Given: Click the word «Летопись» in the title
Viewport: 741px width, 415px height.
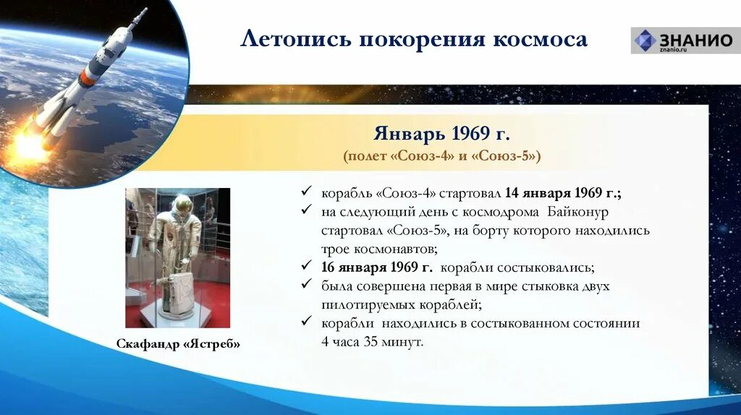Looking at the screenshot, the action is click(x=296, y=39).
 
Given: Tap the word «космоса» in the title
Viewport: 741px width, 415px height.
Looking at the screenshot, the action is click(x=540, y=40).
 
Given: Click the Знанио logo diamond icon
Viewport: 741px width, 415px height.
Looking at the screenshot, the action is click(x=645, y=40).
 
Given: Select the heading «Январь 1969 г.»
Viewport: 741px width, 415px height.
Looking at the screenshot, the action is click(x=442, y=134).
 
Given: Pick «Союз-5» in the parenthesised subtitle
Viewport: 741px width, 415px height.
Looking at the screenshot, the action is click(x=504, y=155).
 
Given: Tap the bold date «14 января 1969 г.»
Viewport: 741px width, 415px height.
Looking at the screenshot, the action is click(x=563, y=193).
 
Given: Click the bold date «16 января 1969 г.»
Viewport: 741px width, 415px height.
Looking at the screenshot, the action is click(x=377, y=268).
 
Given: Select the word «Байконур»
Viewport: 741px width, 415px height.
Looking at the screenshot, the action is click(x=578, y=212).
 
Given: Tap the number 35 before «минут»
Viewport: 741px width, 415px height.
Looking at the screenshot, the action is click(x=371, y=341).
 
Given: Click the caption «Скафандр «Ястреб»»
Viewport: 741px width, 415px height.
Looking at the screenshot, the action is click(x=178, y=343).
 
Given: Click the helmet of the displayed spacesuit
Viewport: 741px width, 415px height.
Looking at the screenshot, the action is click(x=182, y=205).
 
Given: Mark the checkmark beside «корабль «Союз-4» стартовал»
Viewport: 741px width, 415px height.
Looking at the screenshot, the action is click(x=306, y=190).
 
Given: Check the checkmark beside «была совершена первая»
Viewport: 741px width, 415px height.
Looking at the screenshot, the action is click(x=306, y=283).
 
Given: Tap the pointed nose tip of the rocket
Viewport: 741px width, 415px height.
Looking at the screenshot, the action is click(x=146, y=9).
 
